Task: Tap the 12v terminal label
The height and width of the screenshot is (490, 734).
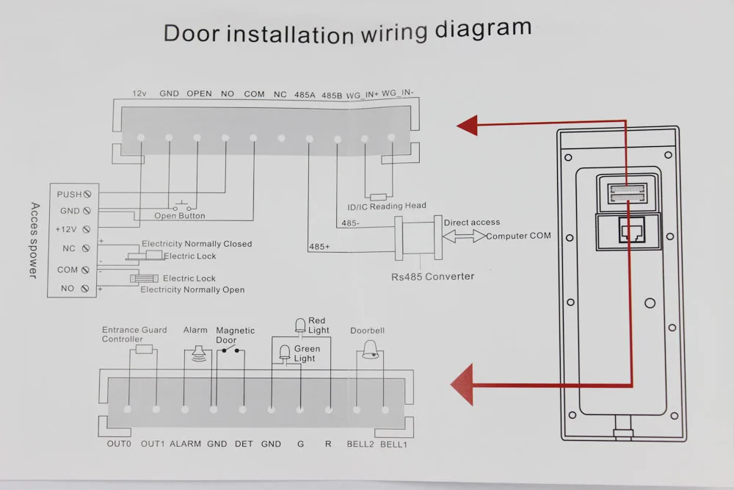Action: pyautogui.click(x=139, y=94)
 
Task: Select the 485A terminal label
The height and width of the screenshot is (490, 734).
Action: pyautogui.click(x=305, y=95)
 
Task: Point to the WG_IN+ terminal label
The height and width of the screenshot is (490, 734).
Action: pyautogui.click(x=362, y=94)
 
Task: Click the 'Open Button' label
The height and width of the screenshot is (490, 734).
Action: pyautogui.click(x=180, y=216)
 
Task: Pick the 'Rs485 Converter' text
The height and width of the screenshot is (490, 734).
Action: pyautogui.click(x=432, y=276)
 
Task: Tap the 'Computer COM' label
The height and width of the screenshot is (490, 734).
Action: pyautogui.click(x=518, y=236)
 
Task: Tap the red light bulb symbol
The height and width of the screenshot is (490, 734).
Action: pyautogui.click(x=299, y=325)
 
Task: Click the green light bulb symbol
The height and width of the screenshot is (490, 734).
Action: pyautogui.click(x=285, y=353)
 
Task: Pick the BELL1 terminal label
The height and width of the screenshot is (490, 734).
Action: pyautogui.click(x=393, y=444)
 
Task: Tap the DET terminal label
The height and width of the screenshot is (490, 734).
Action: pyautogui.click(x=244, y=444)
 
